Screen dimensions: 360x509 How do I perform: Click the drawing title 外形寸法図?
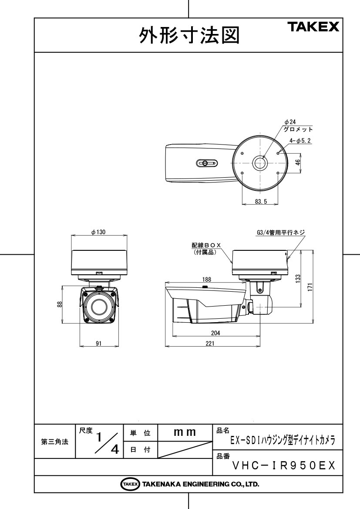189,35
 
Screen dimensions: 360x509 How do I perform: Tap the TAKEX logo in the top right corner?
313,27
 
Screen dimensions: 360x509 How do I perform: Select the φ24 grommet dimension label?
290,122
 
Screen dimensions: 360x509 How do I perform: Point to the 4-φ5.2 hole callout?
300,141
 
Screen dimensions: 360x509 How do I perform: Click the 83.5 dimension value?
261,202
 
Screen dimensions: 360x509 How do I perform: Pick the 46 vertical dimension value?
298,162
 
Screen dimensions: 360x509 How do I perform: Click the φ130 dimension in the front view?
98,232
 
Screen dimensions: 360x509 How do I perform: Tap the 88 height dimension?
60,304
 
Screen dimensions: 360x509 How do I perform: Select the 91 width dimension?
99,344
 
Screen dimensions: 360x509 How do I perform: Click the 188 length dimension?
206,279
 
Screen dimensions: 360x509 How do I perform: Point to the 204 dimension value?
215,333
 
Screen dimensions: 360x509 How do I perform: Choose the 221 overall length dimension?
210,344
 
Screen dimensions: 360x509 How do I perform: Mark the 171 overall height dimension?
310,287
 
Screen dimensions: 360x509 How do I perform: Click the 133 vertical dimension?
298,279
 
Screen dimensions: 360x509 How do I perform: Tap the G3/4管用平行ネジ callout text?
281,233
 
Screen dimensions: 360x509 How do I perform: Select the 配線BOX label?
206,246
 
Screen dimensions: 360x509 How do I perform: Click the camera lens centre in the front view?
99,307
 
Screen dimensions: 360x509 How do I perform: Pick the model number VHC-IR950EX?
284,466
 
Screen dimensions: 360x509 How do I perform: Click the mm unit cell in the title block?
185,432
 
